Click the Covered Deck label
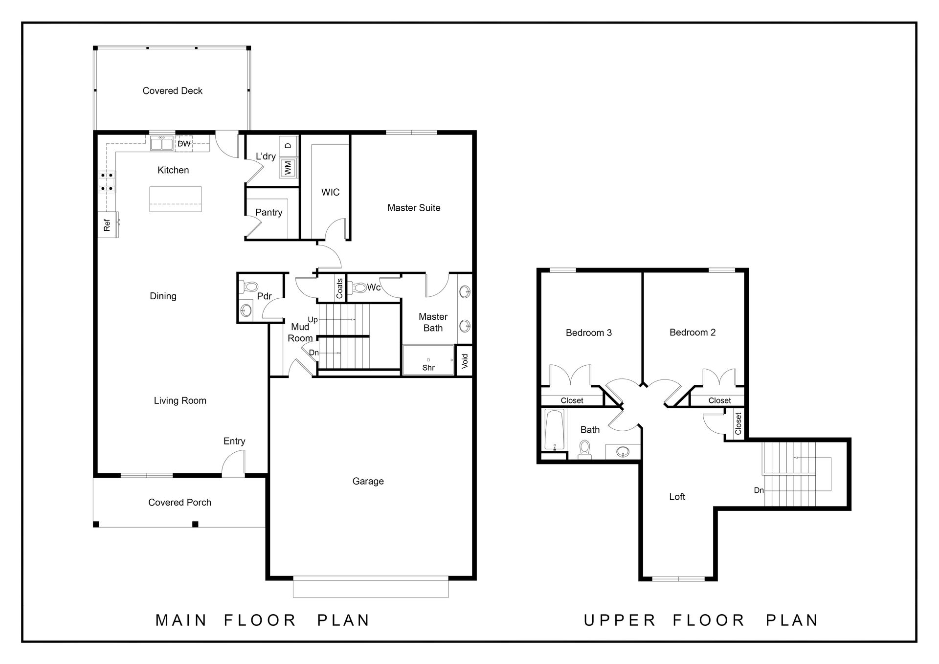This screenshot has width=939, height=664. [x=172, y=90]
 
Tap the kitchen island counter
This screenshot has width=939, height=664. [x=175, y=199]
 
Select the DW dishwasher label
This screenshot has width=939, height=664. [x=184, y=144]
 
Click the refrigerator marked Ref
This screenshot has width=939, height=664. [x=108, y=224]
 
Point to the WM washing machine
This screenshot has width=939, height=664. [x=288, y=168]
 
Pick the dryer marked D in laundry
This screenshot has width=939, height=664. [x=288, y=146]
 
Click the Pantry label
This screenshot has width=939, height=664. [x=268, y=212]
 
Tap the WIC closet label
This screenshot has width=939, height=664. [x=330, y=192]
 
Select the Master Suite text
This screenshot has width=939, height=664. [x=414, y=208]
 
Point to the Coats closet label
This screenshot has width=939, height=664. [x=339, y=288]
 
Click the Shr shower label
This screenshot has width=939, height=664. [x=428, y=368]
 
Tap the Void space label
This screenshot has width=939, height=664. [x=465, y=361]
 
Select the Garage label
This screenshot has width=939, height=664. [x=368, y=481]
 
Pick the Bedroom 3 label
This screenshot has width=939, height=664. [x=589, y=333]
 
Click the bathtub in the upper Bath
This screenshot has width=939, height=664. [x=555, y=430]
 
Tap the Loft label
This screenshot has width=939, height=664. [x=677, y=497]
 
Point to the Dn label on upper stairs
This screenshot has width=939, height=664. [x=759, y=490]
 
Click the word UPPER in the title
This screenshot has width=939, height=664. [x=620, y=620]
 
